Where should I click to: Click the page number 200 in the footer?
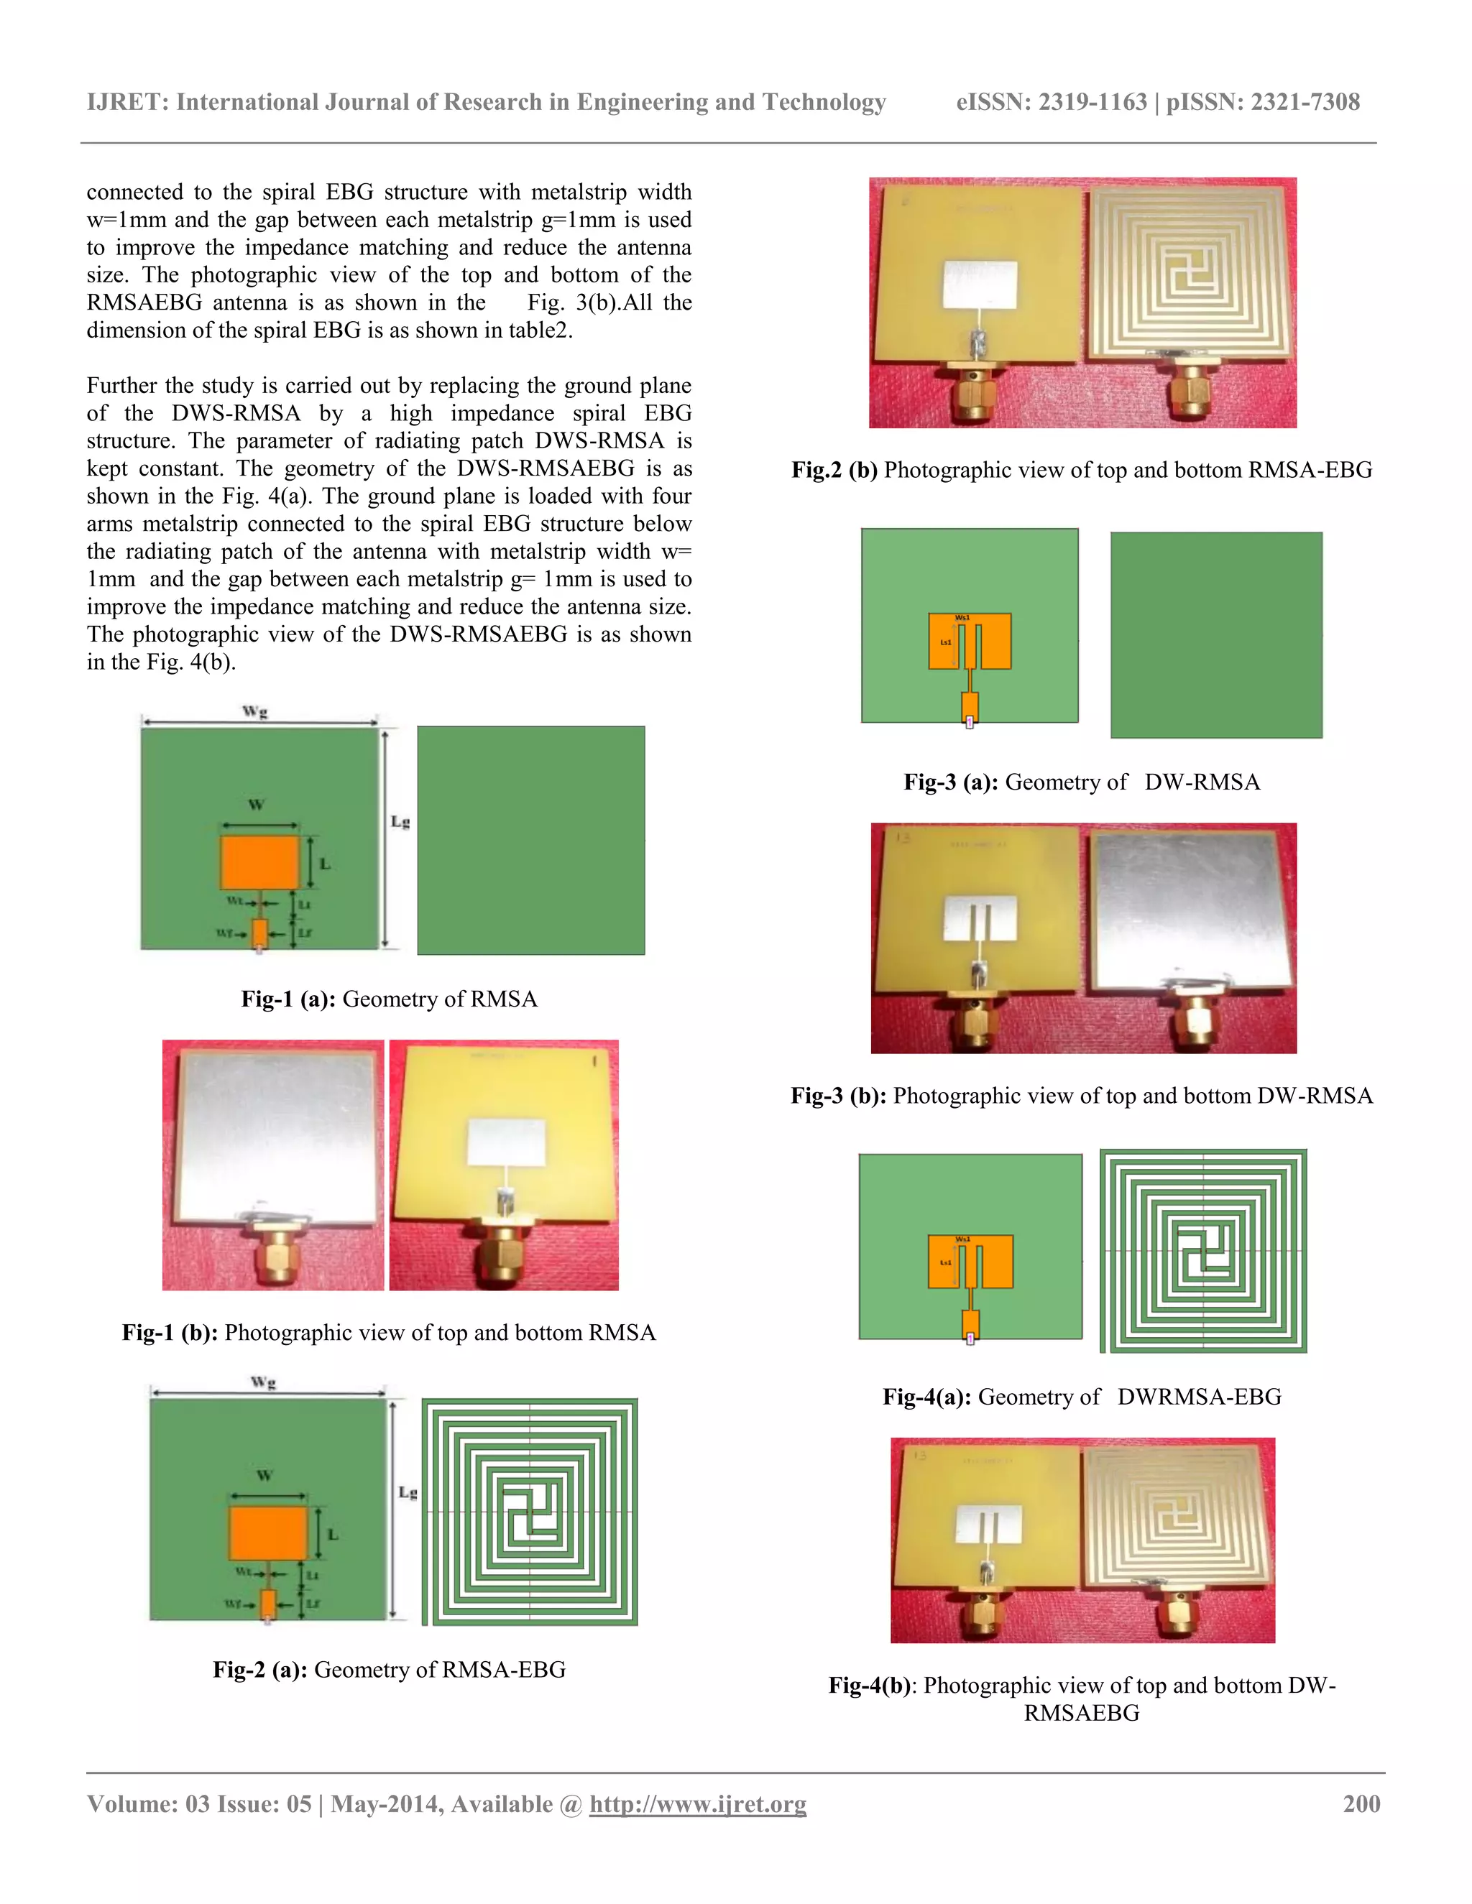pyautogui.click(x=1361, y=1803)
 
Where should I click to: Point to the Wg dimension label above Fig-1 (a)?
pyautogui.click(x=255, y=711)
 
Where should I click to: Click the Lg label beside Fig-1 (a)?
pyautogui.click(x=400, y=821)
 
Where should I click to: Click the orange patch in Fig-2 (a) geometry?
pyautogui.click(x=267, y=1532)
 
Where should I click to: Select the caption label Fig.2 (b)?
pyautogui.click(x=834, y=470)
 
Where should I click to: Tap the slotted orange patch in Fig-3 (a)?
pyautogui.click(x=970, y=642)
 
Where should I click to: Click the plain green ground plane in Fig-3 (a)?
pyautogui.click(x=1215, y=634)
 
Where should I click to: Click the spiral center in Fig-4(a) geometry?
pyautogui.click(x=1203, y=1251)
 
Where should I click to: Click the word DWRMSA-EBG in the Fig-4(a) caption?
pyautogui.click(x=1199, y=1397)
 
